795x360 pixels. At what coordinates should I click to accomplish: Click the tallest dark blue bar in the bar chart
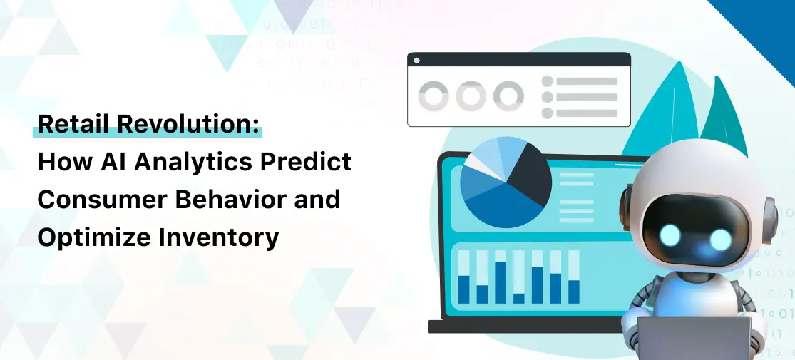[501, 282]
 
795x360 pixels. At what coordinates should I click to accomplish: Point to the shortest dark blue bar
[518, 298]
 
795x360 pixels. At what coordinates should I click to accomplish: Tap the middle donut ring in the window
[470, 96]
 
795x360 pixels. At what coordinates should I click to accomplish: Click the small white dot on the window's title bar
[416, 61]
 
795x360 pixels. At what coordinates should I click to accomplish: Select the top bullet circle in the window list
[548, 81]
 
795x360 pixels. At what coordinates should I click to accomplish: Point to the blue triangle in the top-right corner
[763, 25]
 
